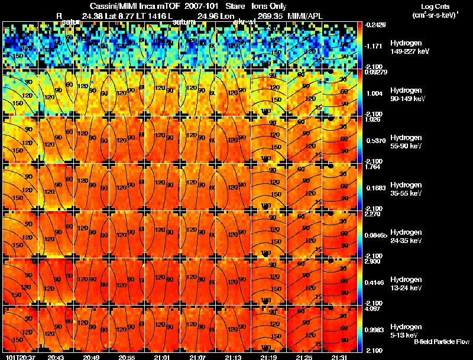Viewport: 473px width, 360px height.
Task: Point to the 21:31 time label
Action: (339, 357)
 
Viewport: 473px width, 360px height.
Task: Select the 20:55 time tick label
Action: (126, 357)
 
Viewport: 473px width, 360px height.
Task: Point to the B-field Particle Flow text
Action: (442, 342)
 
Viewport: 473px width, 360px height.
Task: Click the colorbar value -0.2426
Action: (375, 25)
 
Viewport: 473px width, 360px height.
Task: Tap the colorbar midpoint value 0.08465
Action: (376, 235)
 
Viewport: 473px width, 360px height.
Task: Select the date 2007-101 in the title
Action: (203, 6)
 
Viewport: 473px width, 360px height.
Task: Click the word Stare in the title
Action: (235, 6)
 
